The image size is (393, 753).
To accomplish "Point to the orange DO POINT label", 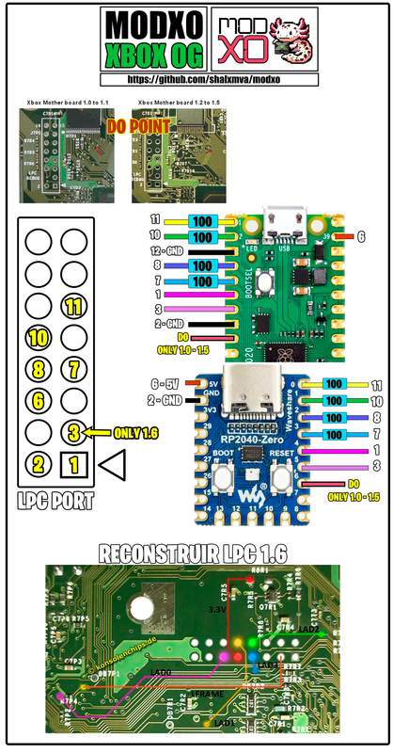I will [x=139, y=124].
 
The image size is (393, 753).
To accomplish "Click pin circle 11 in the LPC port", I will [x=74, y=307].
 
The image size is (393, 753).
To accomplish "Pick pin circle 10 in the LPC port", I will [x=39, y=337].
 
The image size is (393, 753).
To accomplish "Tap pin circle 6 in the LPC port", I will [x=39, y=400].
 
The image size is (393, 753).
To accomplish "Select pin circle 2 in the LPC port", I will [x=39, y=463].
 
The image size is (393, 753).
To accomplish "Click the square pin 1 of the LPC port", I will [x=74, y=463].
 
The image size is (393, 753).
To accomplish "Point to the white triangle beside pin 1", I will [x=111, y=462].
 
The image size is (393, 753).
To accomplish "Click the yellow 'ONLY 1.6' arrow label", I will [x=119, y=432].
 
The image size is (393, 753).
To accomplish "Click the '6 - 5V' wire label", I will [x=162, y=383].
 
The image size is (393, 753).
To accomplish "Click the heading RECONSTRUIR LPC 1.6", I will [x=197, y=551].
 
